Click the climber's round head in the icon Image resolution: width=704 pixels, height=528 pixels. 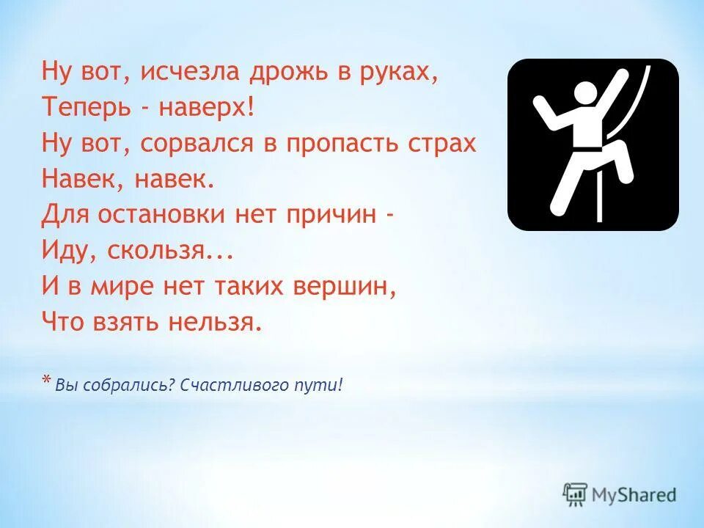[x=584, y=95]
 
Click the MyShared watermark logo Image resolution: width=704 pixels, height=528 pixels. [x=620, y=495]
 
